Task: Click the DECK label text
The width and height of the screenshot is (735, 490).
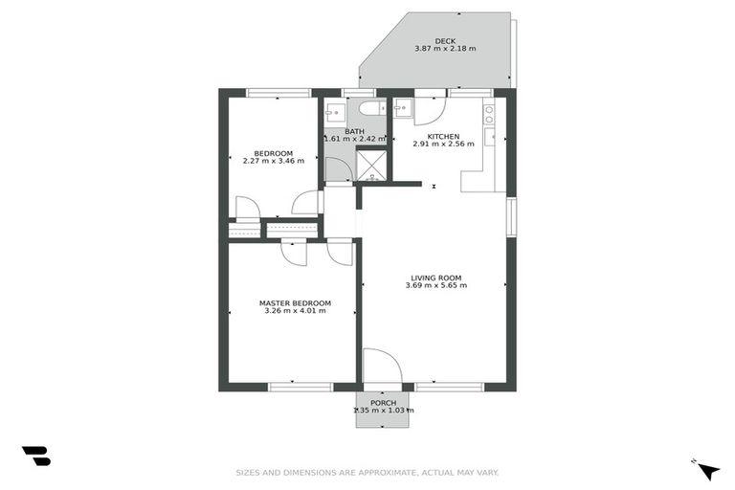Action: [x=445, y=40]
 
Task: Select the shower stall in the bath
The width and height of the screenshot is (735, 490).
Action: [x=371, y=167]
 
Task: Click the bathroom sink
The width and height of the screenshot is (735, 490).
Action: [x=332, y=113]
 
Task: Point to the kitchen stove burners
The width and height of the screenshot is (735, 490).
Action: [x=489, y=115]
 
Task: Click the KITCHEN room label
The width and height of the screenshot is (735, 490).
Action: [x=443, y=136]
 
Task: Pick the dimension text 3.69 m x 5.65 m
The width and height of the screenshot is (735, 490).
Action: [x=435, y=285]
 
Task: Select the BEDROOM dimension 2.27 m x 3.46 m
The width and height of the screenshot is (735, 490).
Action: [x=273, y=161]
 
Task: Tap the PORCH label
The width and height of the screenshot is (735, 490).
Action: [x=383, y=403]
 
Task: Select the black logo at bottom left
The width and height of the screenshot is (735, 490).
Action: [x=35, y=457]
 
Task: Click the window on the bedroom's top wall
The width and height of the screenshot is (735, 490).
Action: [x=278, y=93]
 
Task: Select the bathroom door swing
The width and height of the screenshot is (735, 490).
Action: [x=337, y=170]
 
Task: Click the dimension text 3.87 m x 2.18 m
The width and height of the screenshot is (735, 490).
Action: [x=445, y=49]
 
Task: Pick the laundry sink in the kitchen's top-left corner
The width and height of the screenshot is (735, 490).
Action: [x=403, y=108]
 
